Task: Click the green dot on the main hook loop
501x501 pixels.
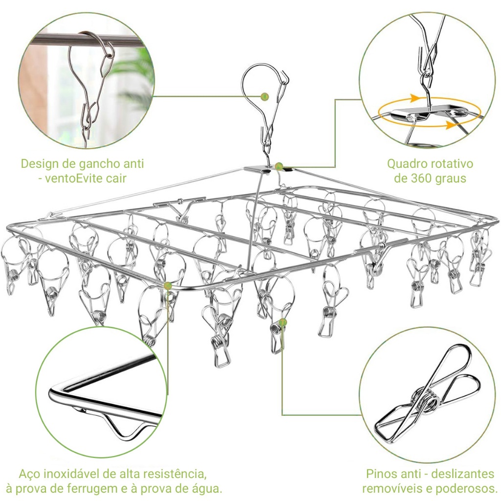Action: (265, 96)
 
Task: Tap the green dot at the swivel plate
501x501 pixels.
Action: (279, 166)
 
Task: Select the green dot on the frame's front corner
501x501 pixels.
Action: (167, 285)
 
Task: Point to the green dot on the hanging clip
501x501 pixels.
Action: (282, 322)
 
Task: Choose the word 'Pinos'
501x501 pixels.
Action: (382, 474)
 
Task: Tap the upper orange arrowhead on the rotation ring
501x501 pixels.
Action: (415, 98)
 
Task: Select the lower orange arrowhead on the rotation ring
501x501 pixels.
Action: (451, 125)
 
